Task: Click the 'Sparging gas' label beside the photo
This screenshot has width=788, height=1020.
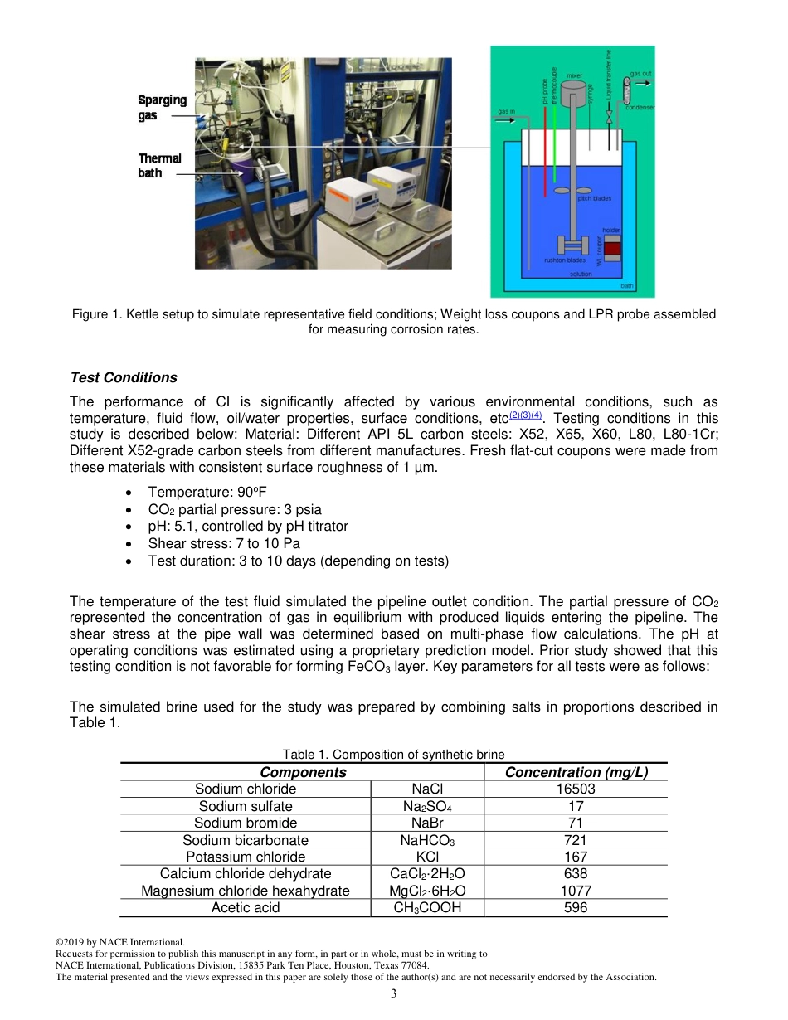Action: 162,108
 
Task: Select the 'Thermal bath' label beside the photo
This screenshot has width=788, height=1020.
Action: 159,165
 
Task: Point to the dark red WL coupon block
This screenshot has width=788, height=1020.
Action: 612,248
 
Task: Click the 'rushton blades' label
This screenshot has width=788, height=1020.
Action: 564,260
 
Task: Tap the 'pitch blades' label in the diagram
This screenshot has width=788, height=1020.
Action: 594,198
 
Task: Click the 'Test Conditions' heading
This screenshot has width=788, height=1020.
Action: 124,377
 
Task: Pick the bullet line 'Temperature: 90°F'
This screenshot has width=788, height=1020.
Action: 207,492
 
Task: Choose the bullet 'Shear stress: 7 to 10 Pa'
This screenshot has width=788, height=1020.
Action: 224,543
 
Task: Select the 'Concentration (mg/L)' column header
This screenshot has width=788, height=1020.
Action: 576,772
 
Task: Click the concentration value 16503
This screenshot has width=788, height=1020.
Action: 576,789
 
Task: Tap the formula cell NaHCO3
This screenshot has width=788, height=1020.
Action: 427,840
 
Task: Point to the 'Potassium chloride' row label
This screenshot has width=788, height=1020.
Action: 246,857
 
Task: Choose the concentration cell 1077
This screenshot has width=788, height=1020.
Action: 576,891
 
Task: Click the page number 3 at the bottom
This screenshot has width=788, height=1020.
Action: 394,994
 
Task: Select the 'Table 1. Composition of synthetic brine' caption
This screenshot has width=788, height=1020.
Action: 393,754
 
